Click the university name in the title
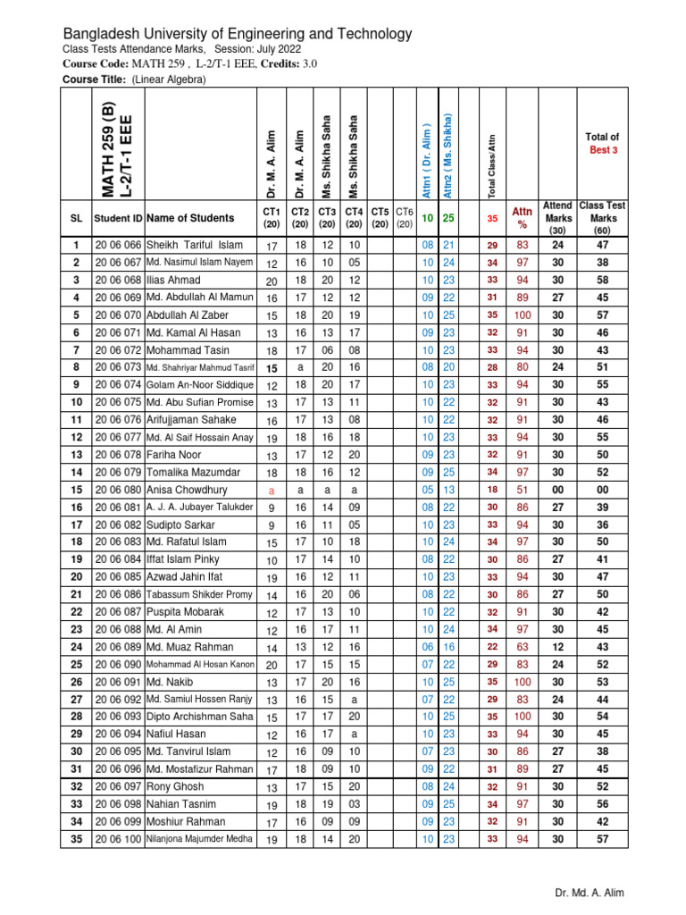(x=237, y=34)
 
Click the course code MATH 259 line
(x=188, y=64)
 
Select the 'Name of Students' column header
(x=190, y=217)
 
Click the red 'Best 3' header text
(x=603, y=150)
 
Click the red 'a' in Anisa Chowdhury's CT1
(x=272, y=491)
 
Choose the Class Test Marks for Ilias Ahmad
(x=603, y=280)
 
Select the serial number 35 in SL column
(x=76, y=839)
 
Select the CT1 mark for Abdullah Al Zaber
(x=272, y=315)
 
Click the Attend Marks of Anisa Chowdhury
(x=557, y=490)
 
